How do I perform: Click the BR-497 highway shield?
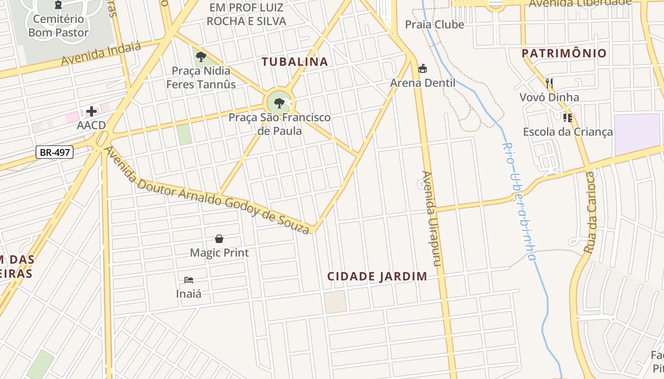pos(55,153)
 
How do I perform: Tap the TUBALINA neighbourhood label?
pos(295,62)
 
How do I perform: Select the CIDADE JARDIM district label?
pos(378,276)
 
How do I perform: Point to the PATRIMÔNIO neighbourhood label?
pos(564,53)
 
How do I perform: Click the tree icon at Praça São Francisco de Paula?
pos(279,103)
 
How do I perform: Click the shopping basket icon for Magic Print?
pos(219,239)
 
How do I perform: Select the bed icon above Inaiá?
pos(189,280)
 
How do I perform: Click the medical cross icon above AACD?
pos(92,112)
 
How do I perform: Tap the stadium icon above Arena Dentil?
pos(423,69)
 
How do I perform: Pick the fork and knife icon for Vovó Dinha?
pos(550,84)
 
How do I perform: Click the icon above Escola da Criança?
pos(568,118)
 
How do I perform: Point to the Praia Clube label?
pos(434,24)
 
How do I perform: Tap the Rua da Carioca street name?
pos(589,212)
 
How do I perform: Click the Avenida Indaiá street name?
pos(101,54)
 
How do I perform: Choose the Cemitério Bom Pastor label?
pos(58,26)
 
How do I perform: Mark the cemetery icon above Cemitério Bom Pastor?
pos(58,5)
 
